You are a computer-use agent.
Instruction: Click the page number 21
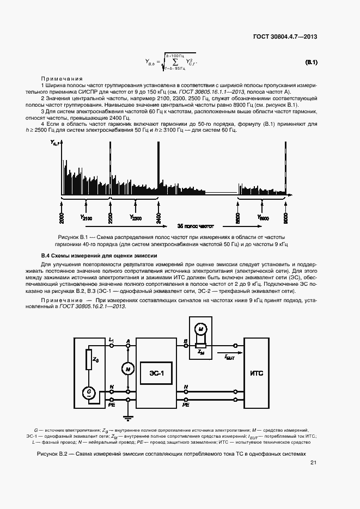pos(313,463)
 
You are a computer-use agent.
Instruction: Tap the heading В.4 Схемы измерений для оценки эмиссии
pos(100,255)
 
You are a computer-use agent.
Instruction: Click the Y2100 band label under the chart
pos(86,217)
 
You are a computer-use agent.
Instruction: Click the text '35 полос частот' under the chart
pos(196,225)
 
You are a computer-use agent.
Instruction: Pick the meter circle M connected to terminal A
pos(129,369)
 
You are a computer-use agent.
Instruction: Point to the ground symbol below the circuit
pos(129,418)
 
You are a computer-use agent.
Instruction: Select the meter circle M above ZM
pos(200,329)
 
